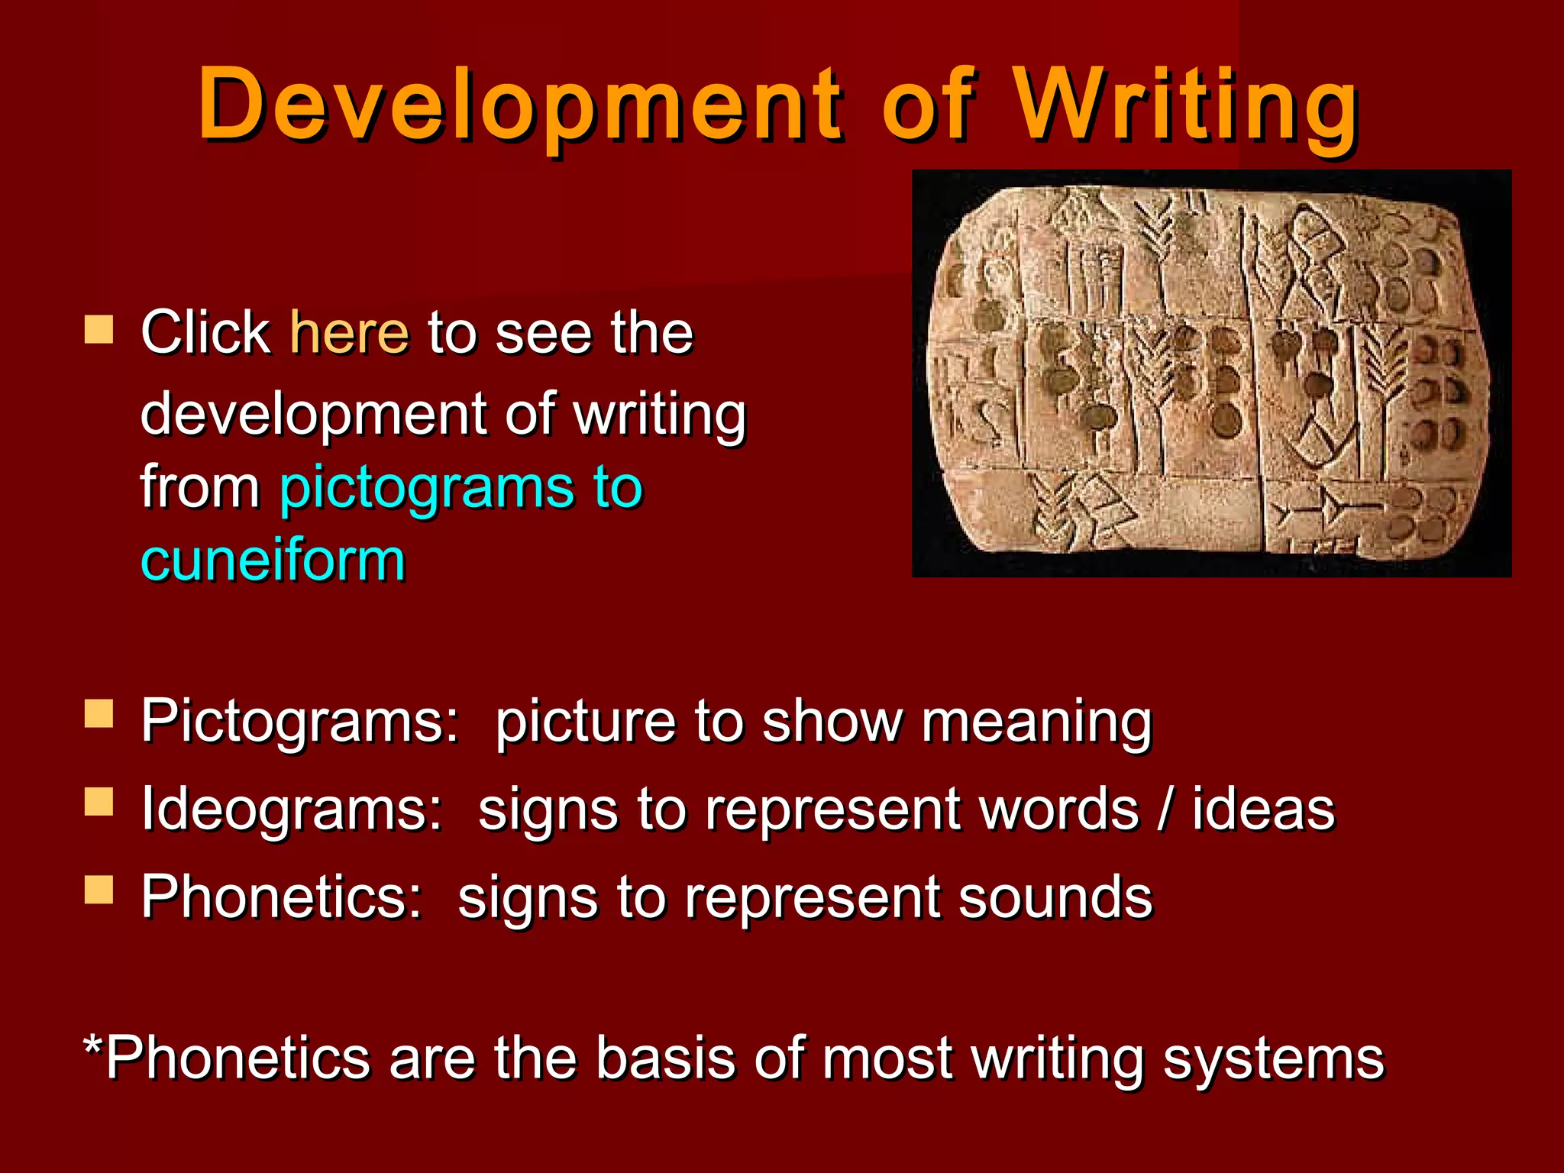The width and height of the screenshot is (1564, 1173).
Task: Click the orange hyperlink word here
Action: point(350,333)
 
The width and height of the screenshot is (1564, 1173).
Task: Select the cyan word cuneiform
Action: point(273,561)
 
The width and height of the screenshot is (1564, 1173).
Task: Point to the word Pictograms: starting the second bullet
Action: point(299,722)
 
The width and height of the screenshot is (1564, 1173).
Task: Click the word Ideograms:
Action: point(292,809)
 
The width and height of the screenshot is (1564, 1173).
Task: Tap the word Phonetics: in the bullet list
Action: point(281,897)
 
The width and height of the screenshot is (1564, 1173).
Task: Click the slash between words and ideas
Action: point(1165,809)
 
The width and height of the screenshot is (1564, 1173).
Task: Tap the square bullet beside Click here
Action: point(99,330)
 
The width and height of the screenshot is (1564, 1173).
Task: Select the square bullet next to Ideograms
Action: point(99,802)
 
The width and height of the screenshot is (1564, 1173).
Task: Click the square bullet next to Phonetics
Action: point(99,889)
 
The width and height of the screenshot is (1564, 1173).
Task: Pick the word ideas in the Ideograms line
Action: point(1263,809)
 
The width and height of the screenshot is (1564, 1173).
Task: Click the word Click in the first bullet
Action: point(205,333)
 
